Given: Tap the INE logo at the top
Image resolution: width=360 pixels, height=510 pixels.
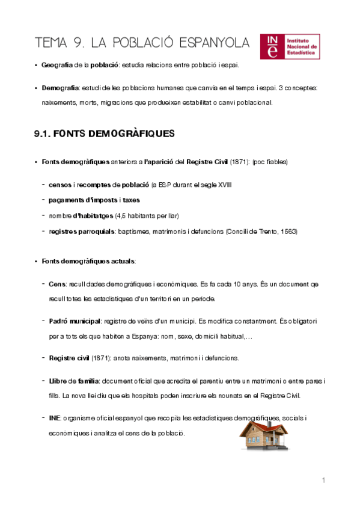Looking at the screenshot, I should pyautogui.click(x=291, y=47).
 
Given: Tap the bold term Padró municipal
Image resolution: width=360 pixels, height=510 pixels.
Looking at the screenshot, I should pyautogui.click(x=75, y=322).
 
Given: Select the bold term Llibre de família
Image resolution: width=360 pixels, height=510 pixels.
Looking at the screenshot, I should pyautogui.click(x=75, y=381).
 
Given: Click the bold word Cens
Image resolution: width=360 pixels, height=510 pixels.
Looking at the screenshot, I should pyautogui.click(x=58, y=283).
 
